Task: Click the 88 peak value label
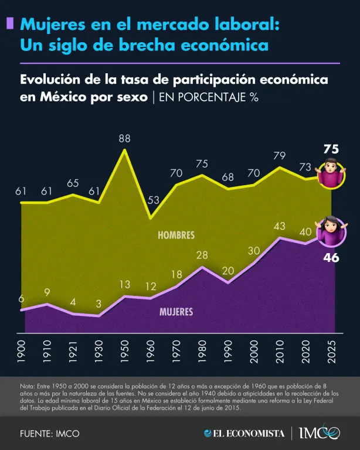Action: (x=124, y=139)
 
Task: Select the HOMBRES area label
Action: (x=176, y=235)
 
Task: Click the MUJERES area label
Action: (x=176, y=312)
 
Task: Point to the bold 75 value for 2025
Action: (x=331, y=149)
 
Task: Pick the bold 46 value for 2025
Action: (x=331, y=256)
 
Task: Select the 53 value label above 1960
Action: (x=153, y=200)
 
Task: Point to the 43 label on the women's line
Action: (x=280, y=226)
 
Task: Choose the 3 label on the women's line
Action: (x=99, y=304)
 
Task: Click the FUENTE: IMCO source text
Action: (x=49, y=434)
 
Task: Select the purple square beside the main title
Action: (x=9, y=23)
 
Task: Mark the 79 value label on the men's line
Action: (x=280, y=156)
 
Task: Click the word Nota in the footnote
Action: (x=27, y=387)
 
